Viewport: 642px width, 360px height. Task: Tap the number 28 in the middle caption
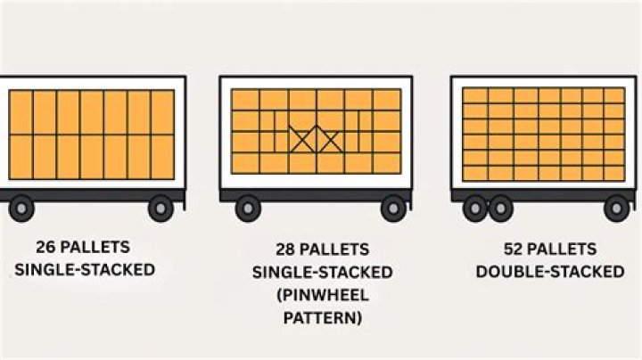click(x=287, y=250)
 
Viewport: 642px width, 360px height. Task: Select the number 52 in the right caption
click(x=513, y=250)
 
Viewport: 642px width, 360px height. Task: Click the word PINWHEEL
click(x=325, y=295)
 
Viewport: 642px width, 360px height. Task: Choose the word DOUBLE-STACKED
click(x=550, y=272)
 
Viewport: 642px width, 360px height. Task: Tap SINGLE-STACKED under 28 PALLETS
click(x=322, y=272)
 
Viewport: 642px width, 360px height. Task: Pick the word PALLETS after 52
click(x=565, y=250)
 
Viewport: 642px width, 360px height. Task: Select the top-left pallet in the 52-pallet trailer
click(x=475, y=95)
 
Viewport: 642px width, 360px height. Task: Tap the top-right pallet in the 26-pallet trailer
click(x=162, y=111)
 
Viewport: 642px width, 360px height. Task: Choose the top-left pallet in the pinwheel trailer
click(x=246, y=99)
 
